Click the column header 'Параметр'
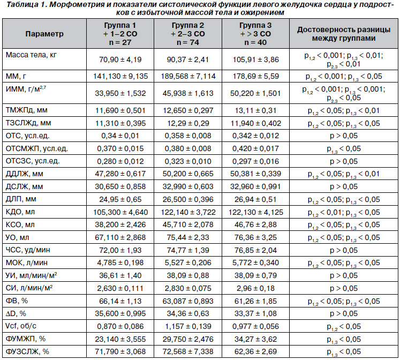[44, 34]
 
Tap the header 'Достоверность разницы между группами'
[344, 34]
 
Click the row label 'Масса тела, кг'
[31, 55]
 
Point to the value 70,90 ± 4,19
[120, 59]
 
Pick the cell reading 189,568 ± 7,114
[188, 76]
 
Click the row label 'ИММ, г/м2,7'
[26, 89]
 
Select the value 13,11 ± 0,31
[255, 110]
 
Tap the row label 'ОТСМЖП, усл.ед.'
[37, 148]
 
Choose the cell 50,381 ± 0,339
[255, 174]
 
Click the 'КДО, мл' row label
[20, 212]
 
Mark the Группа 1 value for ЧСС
[120, 250]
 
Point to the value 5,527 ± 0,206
[188, 262]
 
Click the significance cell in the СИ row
[344, 288]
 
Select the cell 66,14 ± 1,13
[120, 301]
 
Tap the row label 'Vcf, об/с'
[21, 326]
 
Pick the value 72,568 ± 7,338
[188, 351]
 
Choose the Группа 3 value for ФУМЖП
[255, 339]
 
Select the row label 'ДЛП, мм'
[21, 199]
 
